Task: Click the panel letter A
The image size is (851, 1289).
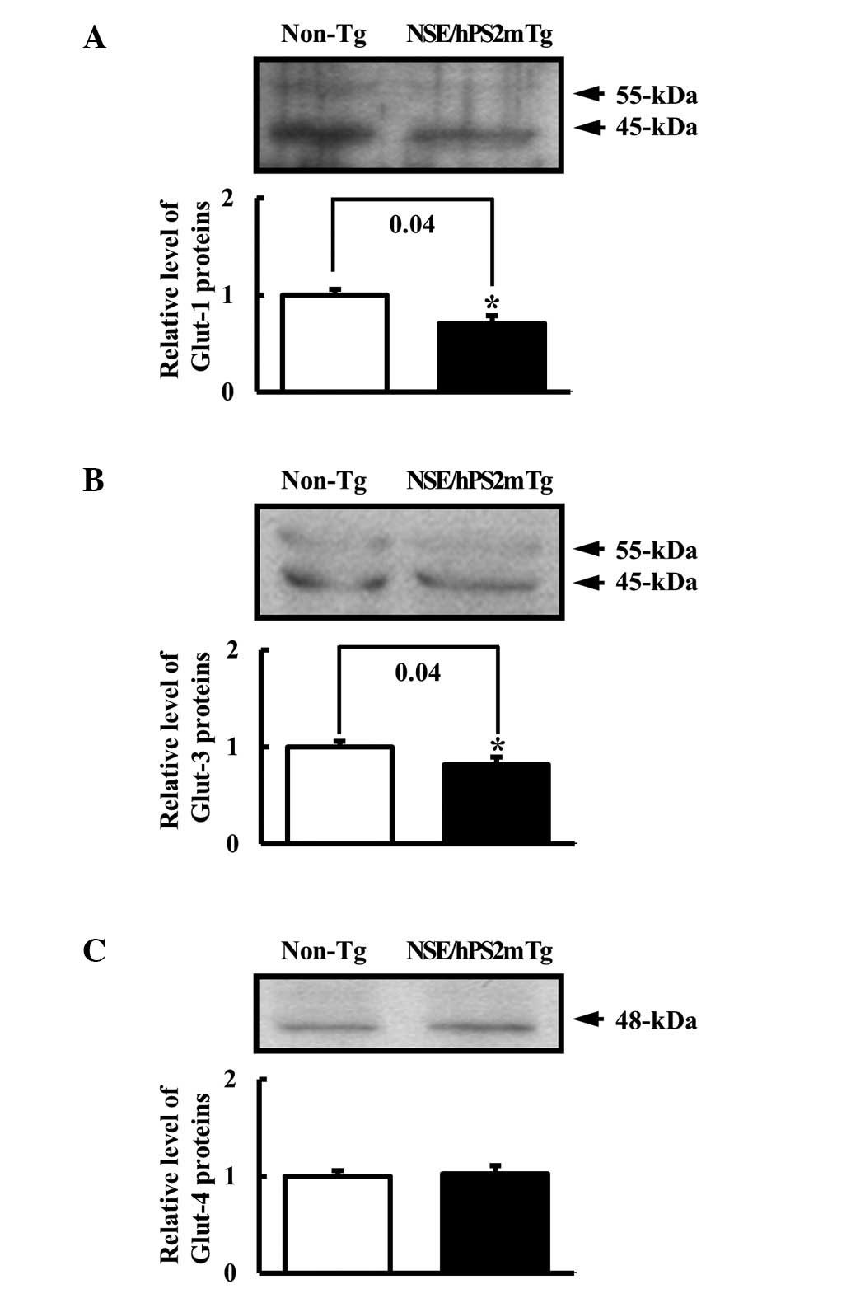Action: pos(95,38)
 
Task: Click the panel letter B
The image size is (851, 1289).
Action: pos(93,480)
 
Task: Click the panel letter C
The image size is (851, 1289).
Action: pos(94,951)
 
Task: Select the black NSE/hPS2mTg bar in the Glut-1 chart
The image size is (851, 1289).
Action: pos(491,356)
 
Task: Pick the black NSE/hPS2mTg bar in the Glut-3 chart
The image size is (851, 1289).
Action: pos(496,803)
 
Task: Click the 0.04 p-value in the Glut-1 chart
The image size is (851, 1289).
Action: pos(412,224)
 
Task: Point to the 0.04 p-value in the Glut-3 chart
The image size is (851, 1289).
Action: pos(418,673)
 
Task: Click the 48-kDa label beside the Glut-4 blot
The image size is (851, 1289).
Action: pos(656,1021)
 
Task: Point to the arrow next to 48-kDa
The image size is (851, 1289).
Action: pos(589,1019)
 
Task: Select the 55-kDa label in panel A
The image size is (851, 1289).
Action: pos(656,96)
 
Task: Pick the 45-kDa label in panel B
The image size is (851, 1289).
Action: pos(656,583)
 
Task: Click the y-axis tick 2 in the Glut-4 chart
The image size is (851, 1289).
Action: pos(230,1078)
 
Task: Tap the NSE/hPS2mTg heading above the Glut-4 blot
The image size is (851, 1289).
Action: pos(479,951)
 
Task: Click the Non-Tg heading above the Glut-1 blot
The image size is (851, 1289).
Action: pos(324,35)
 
